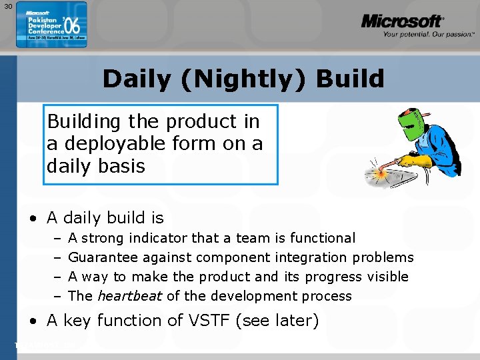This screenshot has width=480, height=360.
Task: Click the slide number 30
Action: tap(7, 6)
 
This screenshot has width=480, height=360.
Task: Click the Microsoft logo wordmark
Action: tap(401, 21)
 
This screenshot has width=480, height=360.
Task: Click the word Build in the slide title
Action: tap(350, 79)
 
